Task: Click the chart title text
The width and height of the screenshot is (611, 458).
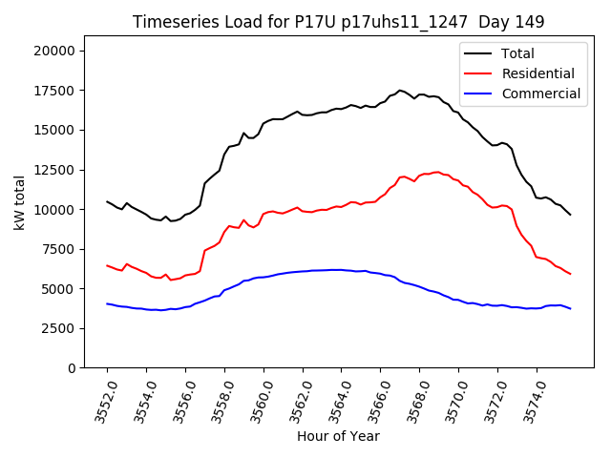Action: click(x=339, y=22)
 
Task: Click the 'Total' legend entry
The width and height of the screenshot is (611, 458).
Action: click(x=517, y=53)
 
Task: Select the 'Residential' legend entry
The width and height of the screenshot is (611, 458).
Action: click(x=537, y=73)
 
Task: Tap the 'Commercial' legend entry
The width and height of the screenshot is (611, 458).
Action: click(x=540, y=94)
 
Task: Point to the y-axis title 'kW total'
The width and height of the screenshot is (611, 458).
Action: click(x=20, y=202)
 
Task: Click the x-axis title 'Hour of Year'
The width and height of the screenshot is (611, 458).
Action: click(x=339, y=436)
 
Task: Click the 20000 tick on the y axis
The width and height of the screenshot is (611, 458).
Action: click(x=59, y=51)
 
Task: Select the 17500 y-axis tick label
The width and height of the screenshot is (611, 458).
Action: click(x=59, y=91)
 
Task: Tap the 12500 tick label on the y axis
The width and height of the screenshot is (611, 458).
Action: click(x=59, y=170)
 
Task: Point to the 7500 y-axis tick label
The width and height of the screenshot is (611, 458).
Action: click(x=63, y=249)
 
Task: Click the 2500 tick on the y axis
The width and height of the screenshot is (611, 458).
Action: click(x=63, y=328)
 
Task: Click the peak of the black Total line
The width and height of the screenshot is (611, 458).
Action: click(x=400, y=90)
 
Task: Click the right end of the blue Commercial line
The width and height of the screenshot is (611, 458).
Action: click(x=570, y=308)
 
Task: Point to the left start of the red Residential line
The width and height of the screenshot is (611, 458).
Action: click(x=107, y=265)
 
